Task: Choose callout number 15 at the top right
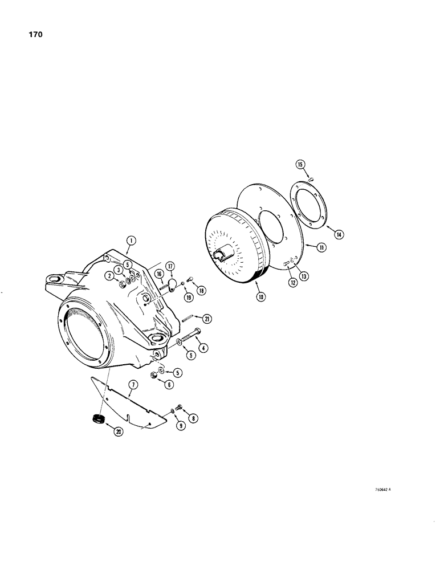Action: pos(300,165)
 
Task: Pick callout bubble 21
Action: pos(207,319)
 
